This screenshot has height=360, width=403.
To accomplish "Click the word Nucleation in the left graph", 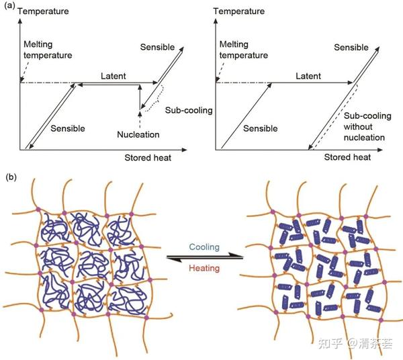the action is (x=138, y=134).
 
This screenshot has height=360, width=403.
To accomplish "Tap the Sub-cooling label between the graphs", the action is (x=189, y=110).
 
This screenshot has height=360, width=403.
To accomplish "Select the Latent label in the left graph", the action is (x=113, y=76).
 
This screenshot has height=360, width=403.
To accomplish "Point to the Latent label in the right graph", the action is (x=308, y=76).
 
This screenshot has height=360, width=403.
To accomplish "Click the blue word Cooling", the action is (x=204, y=247).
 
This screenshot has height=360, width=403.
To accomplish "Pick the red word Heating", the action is (x=204, y=268).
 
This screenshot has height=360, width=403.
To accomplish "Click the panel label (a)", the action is (x=10, y=6).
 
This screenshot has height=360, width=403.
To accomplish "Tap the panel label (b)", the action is (x=11, y=177).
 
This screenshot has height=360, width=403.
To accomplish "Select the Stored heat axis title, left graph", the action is (x=148, y=158).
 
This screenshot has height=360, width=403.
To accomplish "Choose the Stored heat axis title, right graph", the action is (x=347, y=157).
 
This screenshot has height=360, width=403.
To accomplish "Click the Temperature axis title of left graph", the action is (x=43, y=11).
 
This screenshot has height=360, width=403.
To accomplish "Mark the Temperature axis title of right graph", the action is (x=238, y=11).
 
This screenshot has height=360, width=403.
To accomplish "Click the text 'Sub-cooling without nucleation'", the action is (x=367, y=126).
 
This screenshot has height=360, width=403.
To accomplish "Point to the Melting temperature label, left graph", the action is (x=48, y=50).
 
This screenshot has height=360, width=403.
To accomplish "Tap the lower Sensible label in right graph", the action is (x=261, y=128).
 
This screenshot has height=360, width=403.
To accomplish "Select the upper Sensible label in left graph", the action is (x=157, y=47).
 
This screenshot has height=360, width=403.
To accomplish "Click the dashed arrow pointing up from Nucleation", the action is (x=140, y=120).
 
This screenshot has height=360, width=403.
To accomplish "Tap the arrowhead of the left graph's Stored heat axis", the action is (x=184, y=150).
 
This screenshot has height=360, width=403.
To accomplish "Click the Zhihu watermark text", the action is (x=355, y=343).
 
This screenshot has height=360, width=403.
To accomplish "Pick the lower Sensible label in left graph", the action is (x=68, y=128).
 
